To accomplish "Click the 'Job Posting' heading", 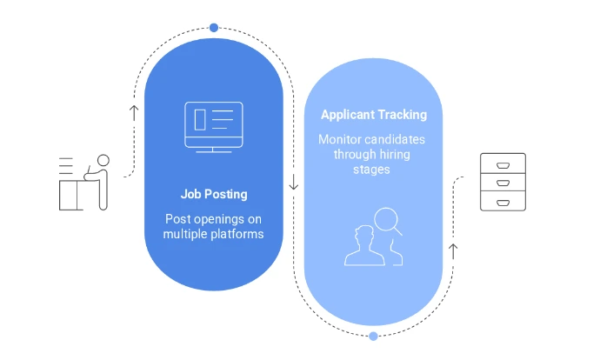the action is click(x=214, y=194).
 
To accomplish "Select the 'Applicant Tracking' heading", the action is click(x=374, y=115).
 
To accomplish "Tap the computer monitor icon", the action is click(x=214, y=128).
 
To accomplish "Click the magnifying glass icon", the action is click(x=388, y=221).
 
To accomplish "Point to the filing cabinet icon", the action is click(x=503, y=182).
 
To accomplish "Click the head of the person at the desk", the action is click(x=103, y=160).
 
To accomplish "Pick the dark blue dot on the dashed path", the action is click(x=214, y=28).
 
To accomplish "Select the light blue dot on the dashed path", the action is click(x=373, y=337).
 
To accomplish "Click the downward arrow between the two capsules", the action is click(x=294, y=182).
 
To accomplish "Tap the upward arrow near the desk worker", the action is click(x=134, y=113).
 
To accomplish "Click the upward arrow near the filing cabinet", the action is click(x=453, y=251).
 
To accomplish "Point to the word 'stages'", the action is click(x=371, y=170).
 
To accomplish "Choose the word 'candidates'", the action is click(x=392, y=139).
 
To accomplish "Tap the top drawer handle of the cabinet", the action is click(x=503, y=165).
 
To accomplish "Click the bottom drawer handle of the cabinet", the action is click(x=503, y=203).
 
